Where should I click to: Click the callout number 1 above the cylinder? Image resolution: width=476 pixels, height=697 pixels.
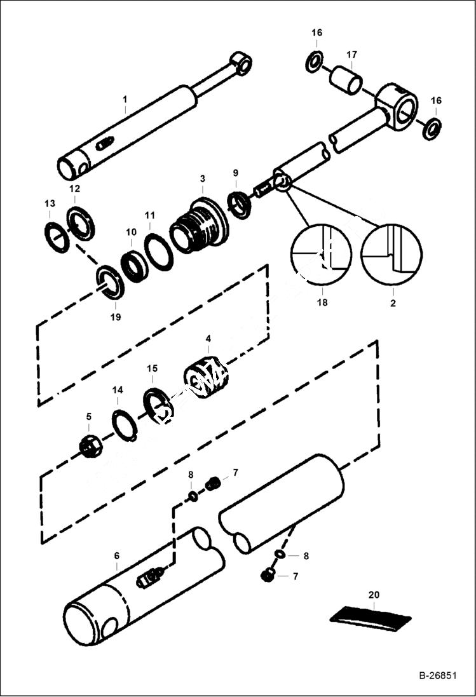(x=125, y=99)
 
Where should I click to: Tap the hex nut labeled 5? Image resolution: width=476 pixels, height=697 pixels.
(x=90, y=447)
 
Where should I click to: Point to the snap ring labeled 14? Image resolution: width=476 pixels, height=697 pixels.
(x=125, y=424)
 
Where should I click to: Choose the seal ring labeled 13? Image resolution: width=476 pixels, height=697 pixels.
(x=57, y=237)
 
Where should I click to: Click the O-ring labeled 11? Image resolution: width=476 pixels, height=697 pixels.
(x=158, y=252)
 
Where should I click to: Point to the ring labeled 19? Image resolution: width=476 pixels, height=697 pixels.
(x=110, y=283)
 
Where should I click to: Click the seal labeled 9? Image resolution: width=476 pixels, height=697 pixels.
(x=240, y=204)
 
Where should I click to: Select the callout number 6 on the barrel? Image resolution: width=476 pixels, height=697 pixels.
(x=116, y=555)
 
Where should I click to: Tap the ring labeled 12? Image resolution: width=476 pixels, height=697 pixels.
(x=81, y=224)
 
